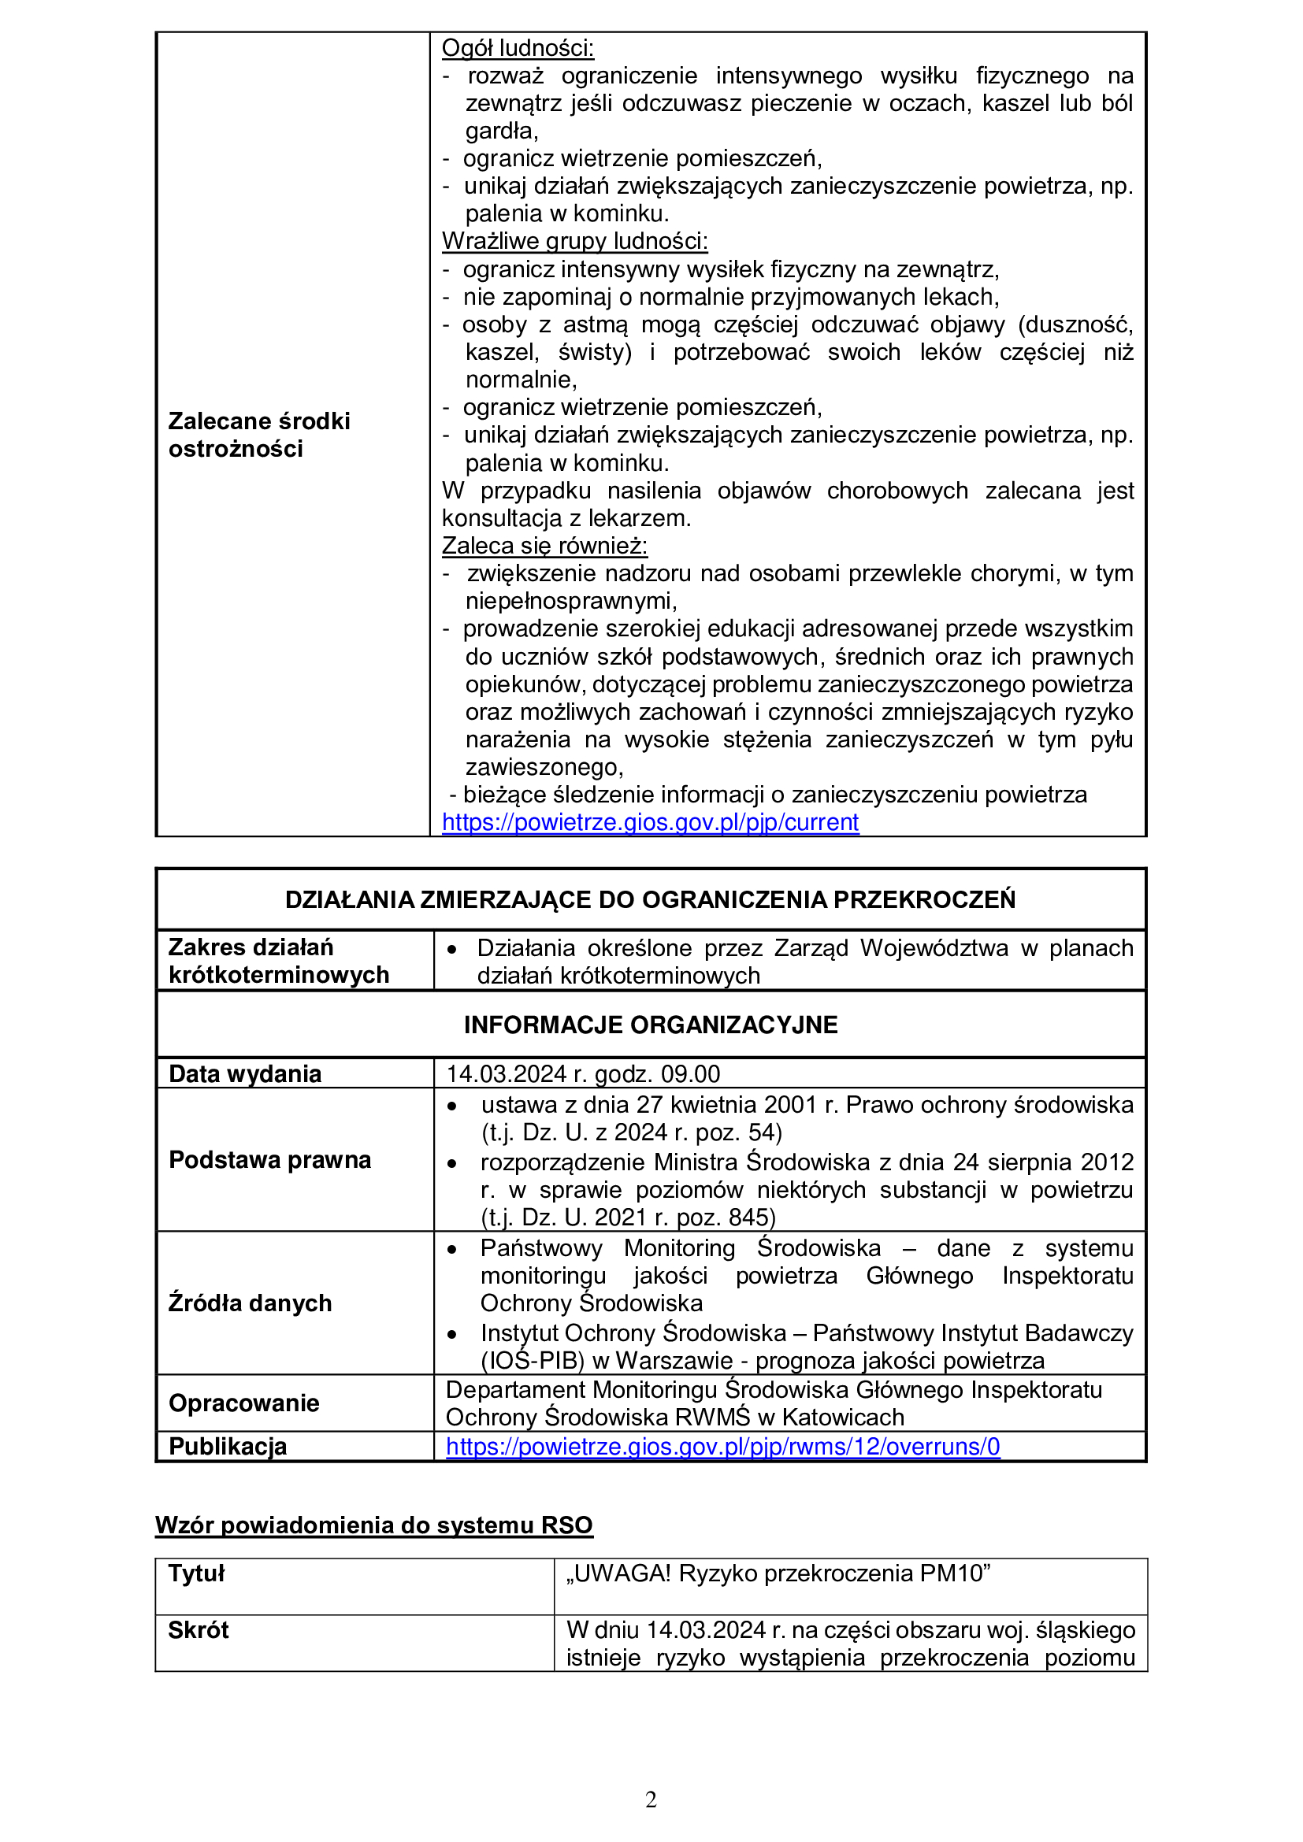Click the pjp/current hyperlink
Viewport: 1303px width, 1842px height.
[650, 822]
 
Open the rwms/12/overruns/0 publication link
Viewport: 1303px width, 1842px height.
[723, 1446]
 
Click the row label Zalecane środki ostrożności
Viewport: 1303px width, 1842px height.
[259, 435]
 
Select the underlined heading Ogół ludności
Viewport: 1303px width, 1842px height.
[518, 48]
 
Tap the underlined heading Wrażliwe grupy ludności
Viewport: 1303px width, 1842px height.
[574, 241]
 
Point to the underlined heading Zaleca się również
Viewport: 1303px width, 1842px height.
[544, 546]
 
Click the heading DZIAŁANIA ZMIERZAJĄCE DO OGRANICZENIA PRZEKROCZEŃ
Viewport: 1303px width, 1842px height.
[650, 899]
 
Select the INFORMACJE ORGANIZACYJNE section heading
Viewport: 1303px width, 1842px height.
[650, 1025]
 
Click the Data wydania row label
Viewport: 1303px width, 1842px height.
[245, 1073]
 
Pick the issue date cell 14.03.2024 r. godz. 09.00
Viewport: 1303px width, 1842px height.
[582, 1073]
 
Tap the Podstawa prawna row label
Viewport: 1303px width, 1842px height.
[269, 1159]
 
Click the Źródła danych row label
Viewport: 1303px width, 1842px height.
[250, 1303]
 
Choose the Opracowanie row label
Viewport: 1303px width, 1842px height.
[244, 1403]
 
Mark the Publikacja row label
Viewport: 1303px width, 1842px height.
[228, 1446]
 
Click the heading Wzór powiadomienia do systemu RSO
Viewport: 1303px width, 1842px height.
[374, 1525]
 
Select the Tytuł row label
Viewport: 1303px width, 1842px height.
[197, 1573]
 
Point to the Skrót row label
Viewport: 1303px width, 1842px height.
[199, 1630]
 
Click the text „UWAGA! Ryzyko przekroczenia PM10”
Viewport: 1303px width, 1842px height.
[778, 1573]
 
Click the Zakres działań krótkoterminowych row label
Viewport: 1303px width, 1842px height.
[278, 961]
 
